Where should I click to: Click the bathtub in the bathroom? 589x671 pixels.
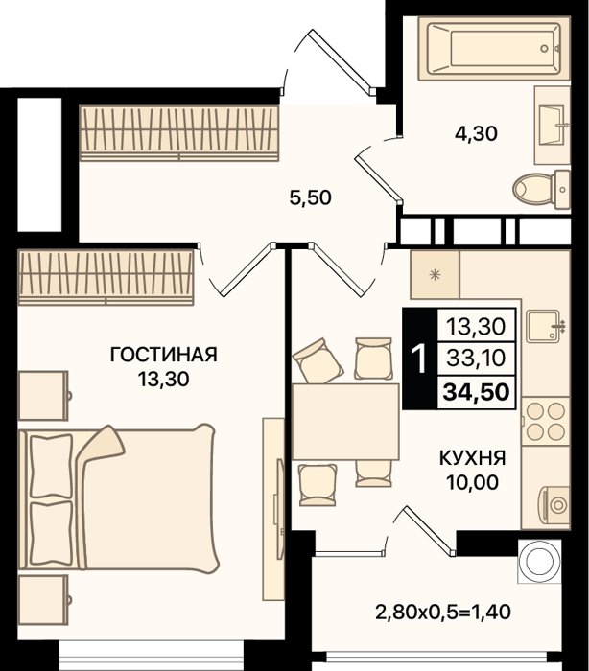[x=494, y=48]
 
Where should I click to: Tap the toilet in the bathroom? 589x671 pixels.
[x=541, y=189]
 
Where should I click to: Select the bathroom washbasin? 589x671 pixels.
[x=553, y=125]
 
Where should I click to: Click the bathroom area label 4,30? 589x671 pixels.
[x=476, y=133]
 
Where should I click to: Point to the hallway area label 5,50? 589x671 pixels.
[x=310, y=198]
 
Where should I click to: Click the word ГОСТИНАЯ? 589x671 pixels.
[x=164, y=355]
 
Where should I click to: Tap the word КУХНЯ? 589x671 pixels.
[x=473, y=458]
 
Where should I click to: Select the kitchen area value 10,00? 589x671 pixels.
[x=473, y=482]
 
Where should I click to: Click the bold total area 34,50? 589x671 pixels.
[x=476, y=392]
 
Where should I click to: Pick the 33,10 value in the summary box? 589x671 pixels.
[x=476, y=358]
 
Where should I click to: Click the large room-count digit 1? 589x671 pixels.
[x=418, y=359]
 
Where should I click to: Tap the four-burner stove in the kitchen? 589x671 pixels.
[x=545, y=422]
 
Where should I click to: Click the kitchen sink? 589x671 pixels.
[x=544, y=326]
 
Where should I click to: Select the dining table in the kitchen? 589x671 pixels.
[x=345, y=422]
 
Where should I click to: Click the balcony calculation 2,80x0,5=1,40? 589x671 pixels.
[x=443, y=612]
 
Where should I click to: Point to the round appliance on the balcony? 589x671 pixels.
[x=539, y=561]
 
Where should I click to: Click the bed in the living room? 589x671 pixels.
[x=119, y=498]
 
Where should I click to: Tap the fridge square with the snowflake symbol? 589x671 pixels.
[x=435, y=275]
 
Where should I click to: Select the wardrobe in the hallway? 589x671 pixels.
[x=179, y=133]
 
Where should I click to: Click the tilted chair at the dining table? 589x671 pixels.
[x=318, y=360]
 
